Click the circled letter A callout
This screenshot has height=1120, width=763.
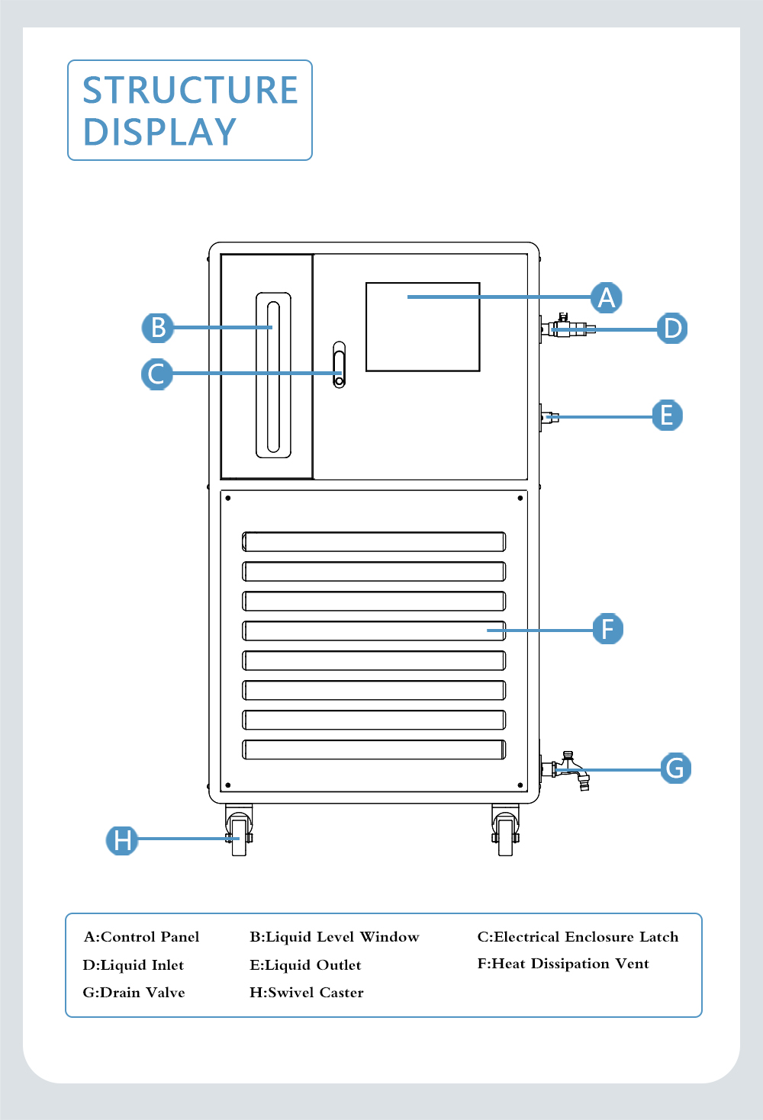point(607,297)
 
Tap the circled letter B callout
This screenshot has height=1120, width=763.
point(158,327)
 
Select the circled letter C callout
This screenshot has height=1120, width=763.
point(157,374)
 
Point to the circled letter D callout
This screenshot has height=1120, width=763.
point(672,328)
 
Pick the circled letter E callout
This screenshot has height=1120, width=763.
point(667,415)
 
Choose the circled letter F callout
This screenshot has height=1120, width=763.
point(608,628)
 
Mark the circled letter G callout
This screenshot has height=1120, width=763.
point(675,768)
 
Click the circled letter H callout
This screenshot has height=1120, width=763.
point(122,839)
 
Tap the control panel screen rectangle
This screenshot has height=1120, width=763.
point(423,327)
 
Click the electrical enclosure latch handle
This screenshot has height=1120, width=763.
point(339,364)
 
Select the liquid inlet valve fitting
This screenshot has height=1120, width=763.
point(566,329)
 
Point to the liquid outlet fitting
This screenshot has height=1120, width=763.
point(550,417)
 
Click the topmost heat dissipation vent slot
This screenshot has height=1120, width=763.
point(374,541)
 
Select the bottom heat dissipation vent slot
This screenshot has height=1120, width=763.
point(374,749)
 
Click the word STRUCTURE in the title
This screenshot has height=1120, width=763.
point(190,90)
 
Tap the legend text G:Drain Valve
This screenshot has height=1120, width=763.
point(134,993)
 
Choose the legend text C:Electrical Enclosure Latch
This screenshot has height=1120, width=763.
point(578,937)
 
